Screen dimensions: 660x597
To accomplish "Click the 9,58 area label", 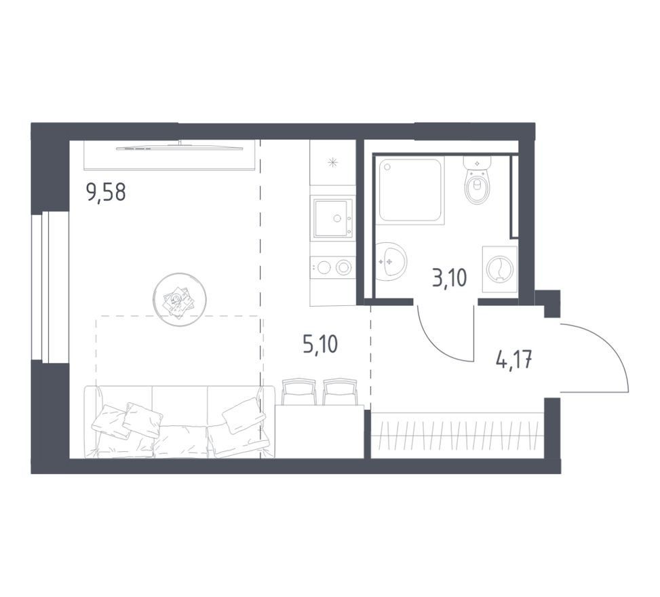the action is pyautogui.click(x=106, y=193).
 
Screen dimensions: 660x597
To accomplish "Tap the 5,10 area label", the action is pyautogui.click(x=320, y=345).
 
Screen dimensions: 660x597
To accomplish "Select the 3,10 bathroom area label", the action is pyautogui.click(x=450, y=278).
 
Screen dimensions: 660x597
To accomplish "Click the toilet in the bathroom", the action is pyautogui.click(x=478, y=180).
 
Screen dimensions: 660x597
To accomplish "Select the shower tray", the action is pyautogui.click(x=411, y=190).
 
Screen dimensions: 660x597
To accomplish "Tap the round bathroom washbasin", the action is pyautogui.click(x=390, y=261).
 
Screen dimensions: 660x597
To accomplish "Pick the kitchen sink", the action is pyautogui.click(x=332, y=219).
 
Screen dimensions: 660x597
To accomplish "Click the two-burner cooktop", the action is pyautogui.click(x=332, y=267).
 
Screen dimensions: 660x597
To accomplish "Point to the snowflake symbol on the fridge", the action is pyautogui.click(x=333, y=162).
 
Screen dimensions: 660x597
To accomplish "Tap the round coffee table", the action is pyautogui.click(x=179, y=299).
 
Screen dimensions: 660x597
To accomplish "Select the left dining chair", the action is pyautogui.click(x=299, y=391).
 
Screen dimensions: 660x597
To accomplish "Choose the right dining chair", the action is pyautogui.click(x=340, y=391).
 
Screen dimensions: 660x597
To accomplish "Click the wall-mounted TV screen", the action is pyautogui.click(x=180, y=148).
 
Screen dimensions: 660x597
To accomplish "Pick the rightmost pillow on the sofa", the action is pyautogui.click(x=244, y=416).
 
